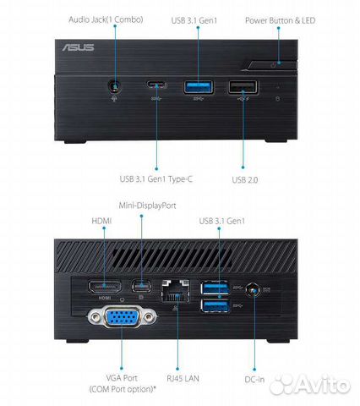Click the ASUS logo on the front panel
click(x=78, y=47)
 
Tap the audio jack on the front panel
click(x=115, y=86)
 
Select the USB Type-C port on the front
click(x=156, y=85)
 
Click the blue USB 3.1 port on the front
click(x=199, y=87)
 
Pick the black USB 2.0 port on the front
click(x=243, y=87)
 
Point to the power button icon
click(x=273, y=66)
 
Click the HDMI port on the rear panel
click(x=105, y=287)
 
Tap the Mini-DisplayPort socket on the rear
click(x=141, y=286)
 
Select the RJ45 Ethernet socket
click(x=176, y=291)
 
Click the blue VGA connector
click(x=122, y=317)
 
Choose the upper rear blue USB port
click(x=215, y=288)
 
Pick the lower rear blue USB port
click(x=215, y=306)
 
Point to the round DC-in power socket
click(x=253, y=290)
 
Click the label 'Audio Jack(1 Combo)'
click(x=106, y=19)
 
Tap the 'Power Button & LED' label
click(x=280, y=20)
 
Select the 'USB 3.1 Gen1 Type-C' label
click(x=156, y=179)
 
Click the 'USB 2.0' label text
click(x=245, y=180)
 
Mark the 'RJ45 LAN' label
click(x=183, y=378)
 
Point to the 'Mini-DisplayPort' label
click(x=147, y=206)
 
